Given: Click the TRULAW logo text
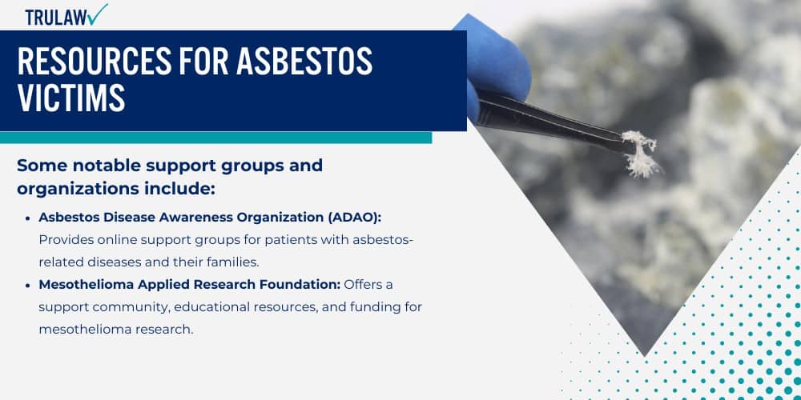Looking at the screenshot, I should tap(56, 17).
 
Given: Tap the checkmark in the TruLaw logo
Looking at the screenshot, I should tap(99, 14).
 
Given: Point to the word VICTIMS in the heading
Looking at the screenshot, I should tap(71, 98).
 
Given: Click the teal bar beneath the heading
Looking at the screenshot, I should tap(215, 138).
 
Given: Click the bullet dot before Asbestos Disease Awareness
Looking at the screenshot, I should tap(29, 218).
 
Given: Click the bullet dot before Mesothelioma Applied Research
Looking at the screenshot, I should tap(29, 285).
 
